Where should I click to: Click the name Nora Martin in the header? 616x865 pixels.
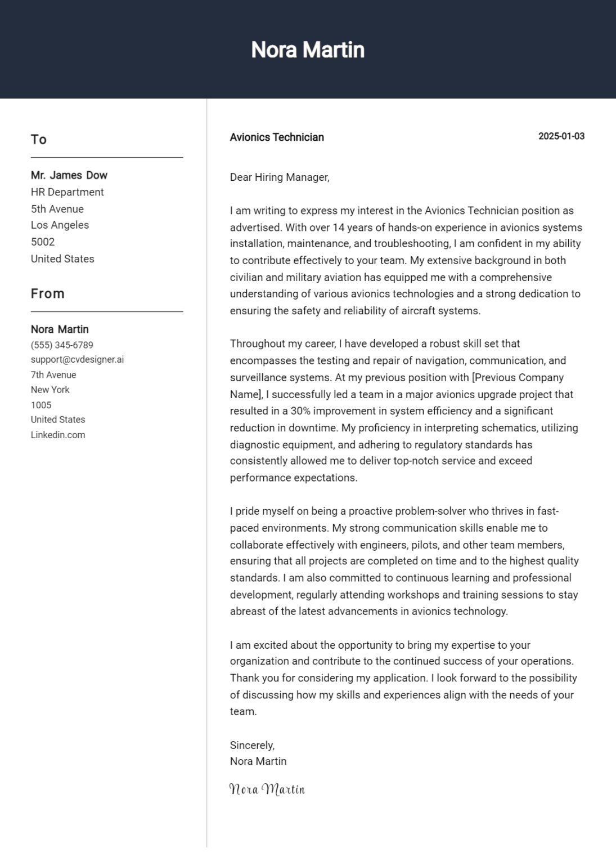(308, 50)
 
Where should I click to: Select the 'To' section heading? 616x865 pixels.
(39, 140)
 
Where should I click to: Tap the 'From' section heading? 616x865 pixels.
(48, 294)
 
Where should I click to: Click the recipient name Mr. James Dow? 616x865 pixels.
(69, 175)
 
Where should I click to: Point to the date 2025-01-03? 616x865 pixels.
(561, 136)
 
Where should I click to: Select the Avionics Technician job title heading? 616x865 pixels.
(277, 137)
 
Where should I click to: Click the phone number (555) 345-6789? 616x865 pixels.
(62, 345)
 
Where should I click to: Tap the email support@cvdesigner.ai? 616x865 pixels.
(77, 359)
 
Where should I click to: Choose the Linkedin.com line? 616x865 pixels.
(58, 435)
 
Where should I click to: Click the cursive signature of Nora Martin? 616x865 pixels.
(267, 789)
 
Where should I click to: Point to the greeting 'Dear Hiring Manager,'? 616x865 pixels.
(280, 177)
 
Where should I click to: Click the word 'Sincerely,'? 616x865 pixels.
(252, 745)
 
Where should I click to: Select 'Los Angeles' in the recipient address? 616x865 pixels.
(60, 225)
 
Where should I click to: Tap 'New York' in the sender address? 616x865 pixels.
(50, 390)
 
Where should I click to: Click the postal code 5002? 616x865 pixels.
(43, 242)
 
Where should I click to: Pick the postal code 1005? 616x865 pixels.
(41, 405)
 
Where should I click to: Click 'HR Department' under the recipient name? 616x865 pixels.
(68, 192)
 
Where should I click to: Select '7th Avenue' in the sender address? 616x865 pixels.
(53, 375)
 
